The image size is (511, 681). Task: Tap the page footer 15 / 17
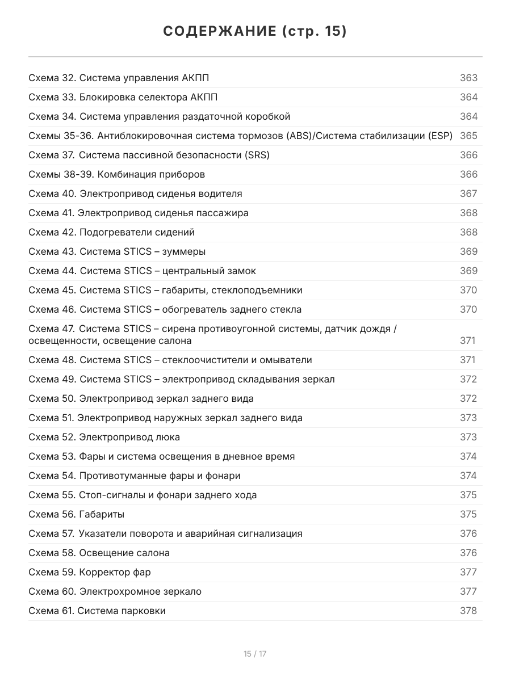click(255, 654)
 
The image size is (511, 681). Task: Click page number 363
click(468, 78)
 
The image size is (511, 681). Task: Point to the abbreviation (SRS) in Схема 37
click(258, 155)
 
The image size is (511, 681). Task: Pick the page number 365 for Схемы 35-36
click(468, 136)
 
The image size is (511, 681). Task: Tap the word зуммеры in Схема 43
click(184, 251)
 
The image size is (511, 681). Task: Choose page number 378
click(468, 611)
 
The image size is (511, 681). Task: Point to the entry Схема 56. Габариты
click(76, 514)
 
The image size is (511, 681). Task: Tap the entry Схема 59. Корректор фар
click(90, 572)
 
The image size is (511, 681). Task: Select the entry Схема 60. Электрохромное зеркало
click(115, 591)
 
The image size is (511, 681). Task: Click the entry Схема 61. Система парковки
click(97, 611)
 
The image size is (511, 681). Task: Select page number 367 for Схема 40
click(468, 194)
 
